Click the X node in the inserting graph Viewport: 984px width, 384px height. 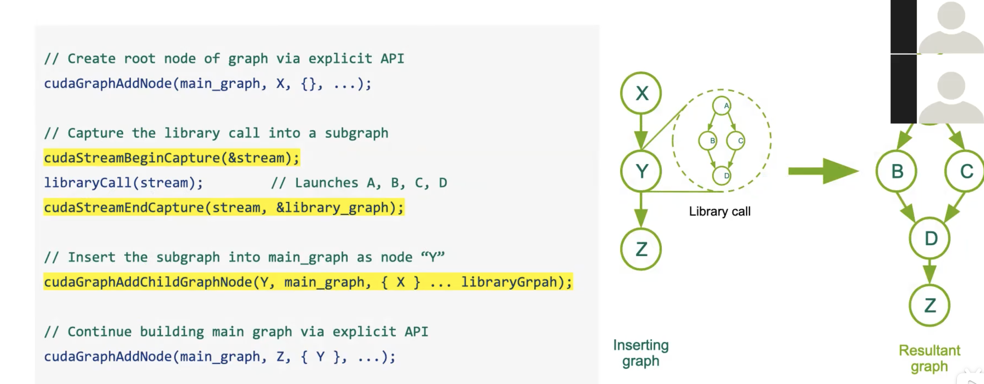point(641,93)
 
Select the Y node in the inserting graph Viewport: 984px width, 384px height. point(641,171)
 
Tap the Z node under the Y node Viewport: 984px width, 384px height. point(641,249)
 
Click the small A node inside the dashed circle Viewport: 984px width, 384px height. point(722,106)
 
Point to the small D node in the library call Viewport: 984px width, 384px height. point(722,175)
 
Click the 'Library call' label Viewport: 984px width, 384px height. point(720,211)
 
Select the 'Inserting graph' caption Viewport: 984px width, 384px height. point(641,353)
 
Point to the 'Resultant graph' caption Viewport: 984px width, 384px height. point(929,358)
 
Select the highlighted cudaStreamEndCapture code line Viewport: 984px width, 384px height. point(223,208)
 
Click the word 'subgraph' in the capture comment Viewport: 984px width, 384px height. point(356,133)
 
